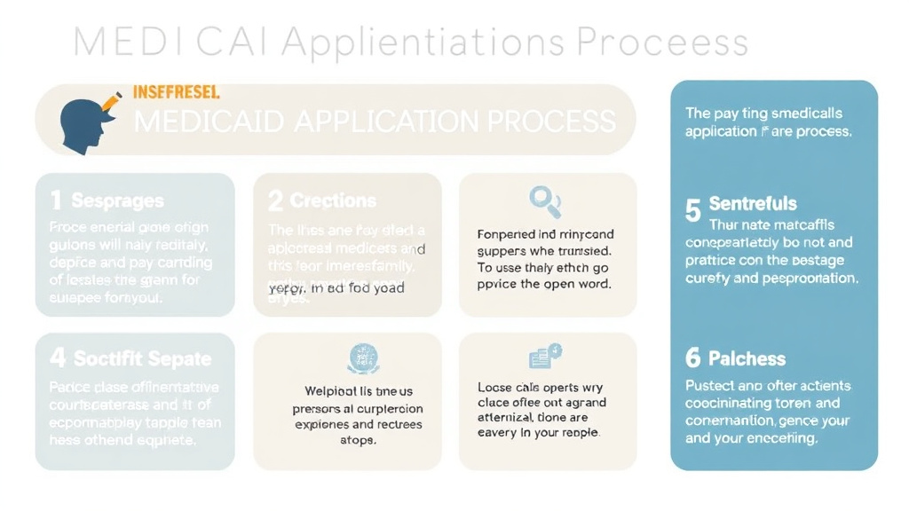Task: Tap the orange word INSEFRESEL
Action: pyautogui.click(x=176, y=91)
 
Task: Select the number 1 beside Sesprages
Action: pyautogui.click(x=56, y=201)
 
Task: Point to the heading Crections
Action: pyautogui.click(x=333, y=201)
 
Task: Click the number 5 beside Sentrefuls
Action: pyautogui.click(x=693, y=210)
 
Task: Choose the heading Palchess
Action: pyautogui.click(x=747, y=358)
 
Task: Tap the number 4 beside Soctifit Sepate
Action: pyautogui.click(x=58, y=358)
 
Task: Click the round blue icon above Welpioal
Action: pyautogui.click(x=362, y=358)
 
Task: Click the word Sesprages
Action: pyautogui.click(x=117, y=201)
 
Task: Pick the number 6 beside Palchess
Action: pyautogui.click(x=693, y=358)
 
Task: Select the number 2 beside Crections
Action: pyautogui.click(x=275, y=201)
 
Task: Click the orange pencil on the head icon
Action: pyautogui.click(x=111, y=102)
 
